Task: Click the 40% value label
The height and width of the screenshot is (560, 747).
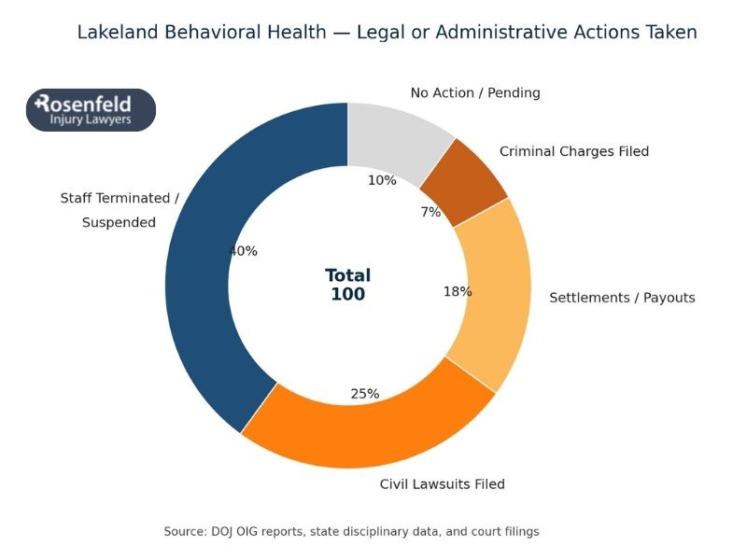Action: tap(243, 251)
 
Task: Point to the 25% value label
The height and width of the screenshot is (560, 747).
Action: tap(364, 394)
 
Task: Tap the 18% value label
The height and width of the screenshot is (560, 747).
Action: tap(457, 291)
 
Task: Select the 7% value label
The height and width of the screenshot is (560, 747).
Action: tap(430, 212)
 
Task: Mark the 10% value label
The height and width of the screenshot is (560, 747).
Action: tap(382, 180)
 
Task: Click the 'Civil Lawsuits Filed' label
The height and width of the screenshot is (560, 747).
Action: tap(442, 484)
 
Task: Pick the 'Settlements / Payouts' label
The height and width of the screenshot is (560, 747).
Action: tap(622, 298)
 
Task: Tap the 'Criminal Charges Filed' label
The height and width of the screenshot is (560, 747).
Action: tap(573, 151)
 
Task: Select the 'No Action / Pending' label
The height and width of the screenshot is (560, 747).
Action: tap(475, 93)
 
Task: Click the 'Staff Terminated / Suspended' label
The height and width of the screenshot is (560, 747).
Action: tap(119, 210)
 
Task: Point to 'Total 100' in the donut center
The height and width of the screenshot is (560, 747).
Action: tap(348, 285)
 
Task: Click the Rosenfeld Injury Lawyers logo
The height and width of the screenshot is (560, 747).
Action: tap(91, 110)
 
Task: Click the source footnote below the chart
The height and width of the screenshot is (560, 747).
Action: tap(351, 531)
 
